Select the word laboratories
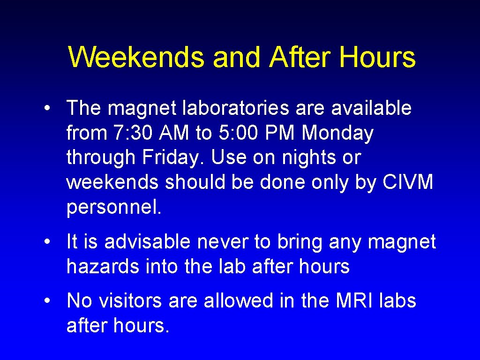click(229, 108)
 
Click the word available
click(371, 108)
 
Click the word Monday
click(337, 133)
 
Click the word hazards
click(103, 267)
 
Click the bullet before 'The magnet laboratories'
click(47, 109)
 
